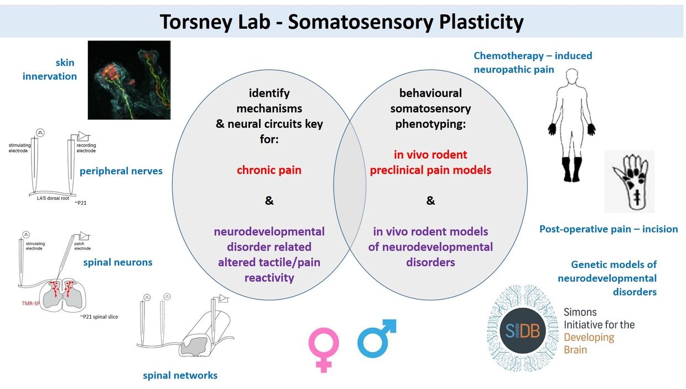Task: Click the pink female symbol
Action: click(323, 349)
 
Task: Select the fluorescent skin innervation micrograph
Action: click(129, 80)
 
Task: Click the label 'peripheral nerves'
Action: click(121, 171)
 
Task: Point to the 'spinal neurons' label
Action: click(117, 262)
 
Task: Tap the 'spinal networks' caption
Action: click(180, 375)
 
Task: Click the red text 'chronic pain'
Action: click(269, 170)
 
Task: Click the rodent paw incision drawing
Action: click(629, 181)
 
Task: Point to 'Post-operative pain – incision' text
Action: click(609, 229)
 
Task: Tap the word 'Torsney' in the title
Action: click(196, 22)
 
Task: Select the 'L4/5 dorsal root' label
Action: click(48, 196)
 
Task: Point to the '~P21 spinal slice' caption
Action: click(98, 317)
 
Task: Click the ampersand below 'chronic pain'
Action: click(269, 201)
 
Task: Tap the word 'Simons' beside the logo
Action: click(580, 312)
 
